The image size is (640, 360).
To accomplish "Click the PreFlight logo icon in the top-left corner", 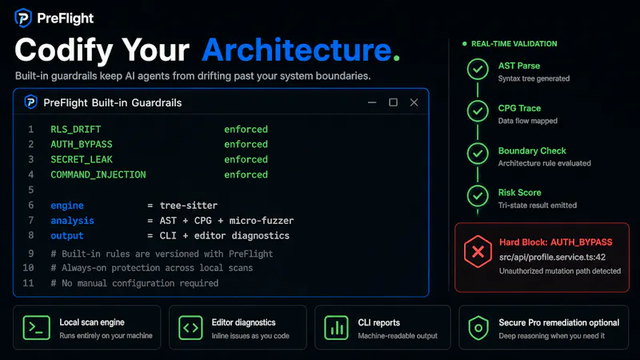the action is pos(23,18).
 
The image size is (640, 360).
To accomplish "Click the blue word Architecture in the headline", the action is pos(297,50).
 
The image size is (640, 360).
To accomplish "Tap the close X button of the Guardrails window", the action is pos(414,102).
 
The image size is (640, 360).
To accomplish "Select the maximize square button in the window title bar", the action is pos(393,102).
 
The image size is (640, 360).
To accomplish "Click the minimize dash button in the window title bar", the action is pos(372,102).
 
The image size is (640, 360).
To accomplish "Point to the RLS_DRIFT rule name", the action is pos(75,130).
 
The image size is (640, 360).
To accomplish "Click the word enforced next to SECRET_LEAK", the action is pos(246,159).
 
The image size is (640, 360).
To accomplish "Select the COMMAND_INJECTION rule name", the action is pos(98,174).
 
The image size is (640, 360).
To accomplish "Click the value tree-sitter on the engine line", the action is pos(189,206).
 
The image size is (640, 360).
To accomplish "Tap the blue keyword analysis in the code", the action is pos(72,221).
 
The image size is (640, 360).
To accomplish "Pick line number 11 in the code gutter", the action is pos(28,283).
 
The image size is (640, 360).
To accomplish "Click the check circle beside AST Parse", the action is pos(478,70).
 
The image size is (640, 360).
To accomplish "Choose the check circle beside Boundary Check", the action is pos(478,154).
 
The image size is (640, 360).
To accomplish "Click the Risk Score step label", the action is pos(519,193).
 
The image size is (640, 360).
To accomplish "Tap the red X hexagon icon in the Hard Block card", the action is pos(478,252).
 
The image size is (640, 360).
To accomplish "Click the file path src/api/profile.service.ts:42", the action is pos(552,257).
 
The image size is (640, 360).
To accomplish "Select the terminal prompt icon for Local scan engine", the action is pos(36,327).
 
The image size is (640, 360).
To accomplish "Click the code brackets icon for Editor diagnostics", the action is pos(190,327).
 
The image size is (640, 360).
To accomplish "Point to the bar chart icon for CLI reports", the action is pos(336,327).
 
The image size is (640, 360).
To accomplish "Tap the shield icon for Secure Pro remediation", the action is pos(478,327).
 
